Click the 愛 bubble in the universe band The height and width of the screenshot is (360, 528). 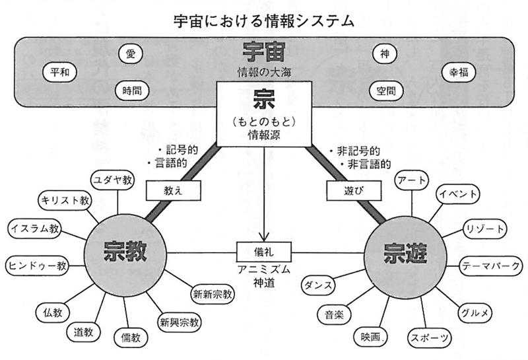[130, 53]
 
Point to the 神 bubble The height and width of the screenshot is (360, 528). [385, 54]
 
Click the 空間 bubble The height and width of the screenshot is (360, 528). [385, 91]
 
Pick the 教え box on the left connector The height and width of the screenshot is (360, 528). [165, 190]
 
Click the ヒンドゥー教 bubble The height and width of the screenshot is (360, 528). [38, 266]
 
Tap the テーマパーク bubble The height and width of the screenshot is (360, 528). [492, 266]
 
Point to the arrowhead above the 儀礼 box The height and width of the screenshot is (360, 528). [264, 238]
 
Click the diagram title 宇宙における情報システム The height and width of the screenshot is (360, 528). [264, 20]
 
